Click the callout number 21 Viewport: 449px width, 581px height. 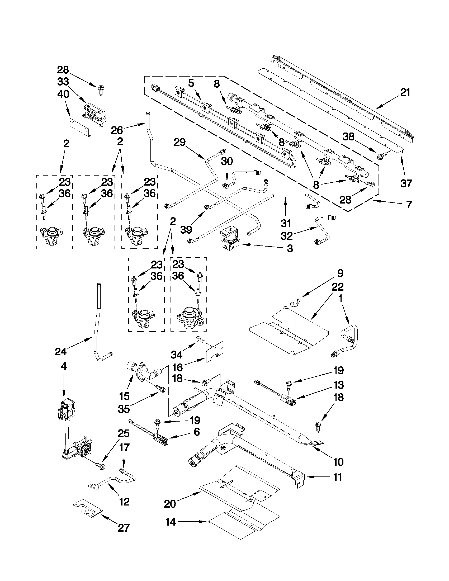(405, 93)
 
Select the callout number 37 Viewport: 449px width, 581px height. (406, 183)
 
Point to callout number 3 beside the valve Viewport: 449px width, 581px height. (290, 248)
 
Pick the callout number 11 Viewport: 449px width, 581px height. (338, 477)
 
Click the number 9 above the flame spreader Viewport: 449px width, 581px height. (340, 273)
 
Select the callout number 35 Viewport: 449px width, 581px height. (124, 409)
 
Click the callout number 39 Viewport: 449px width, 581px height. (186, 229)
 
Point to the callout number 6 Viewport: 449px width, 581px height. (197, 432)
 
